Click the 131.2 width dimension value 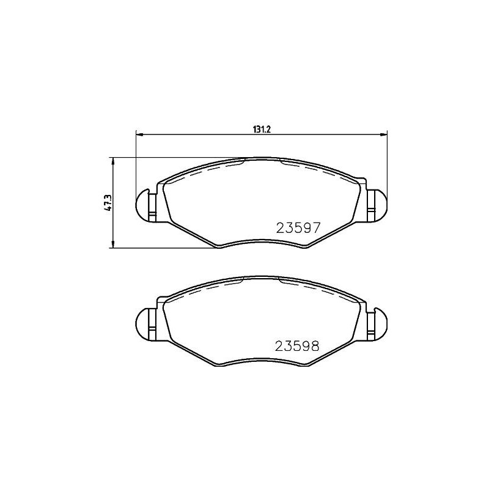261,130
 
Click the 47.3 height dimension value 108,204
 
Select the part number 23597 298,228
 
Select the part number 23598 297,346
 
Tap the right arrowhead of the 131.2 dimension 384,134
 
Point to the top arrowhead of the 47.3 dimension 113,161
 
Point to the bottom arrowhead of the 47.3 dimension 113,244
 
